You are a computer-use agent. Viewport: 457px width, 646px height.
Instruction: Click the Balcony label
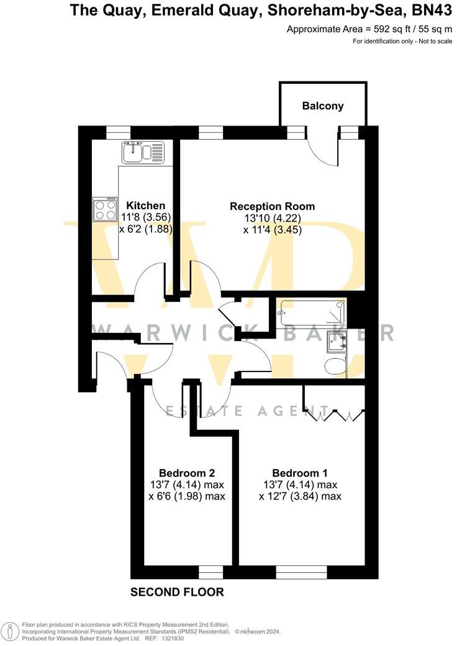point(323,106)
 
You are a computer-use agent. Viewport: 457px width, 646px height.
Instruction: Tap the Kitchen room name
point(146,206)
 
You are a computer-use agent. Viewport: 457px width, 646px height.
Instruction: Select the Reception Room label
point(272,206)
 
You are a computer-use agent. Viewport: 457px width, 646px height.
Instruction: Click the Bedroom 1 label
point(300,472)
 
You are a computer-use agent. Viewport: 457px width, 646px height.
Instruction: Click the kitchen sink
point(143,152)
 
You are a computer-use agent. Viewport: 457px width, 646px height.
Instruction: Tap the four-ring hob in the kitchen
point(105,209)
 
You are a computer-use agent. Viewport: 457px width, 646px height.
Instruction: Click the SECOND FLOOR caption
point(177,592)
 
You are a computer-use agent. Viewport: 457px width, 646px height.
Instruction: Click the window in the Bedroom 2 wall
point(210,571)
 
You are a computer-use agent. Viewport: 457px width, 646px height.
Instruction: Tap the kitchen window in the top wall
point(118,132)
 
